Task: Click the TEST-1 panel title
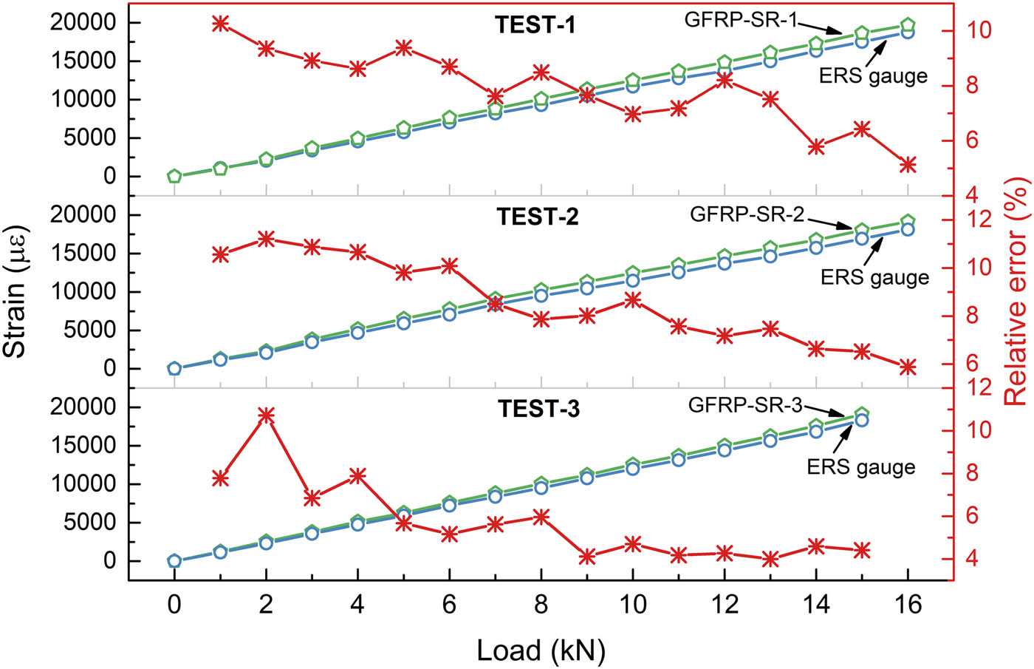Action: tap(535, 25)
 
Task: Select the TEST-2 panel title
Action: tap(537, 217)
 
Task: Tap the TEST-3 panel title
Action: tap(538, 409)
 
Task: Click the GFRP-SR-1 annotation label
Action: tap(741, 19)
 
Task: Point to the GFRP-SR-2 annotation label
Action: tap(747, 214)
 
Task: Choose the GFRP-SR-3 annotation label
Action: tap(744, 405)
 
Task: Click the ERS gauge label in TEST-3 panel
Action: tap(860, 467)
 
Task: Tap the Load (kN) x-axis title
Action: tap(541, 651)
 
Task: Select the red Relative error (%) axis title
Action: tap(1016, 291)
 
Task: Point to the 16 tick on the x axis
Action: tap(908, 605)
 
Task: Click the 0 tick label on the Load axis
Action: tap(174, 605)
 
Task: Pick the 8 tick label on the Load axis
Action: tap(541, 605)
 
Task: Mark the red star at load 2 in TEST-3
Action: tap(266, 415)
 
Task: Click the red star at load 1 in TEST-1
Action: tap(220, 24)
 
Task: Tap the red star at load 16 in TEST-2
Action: tap(908, 367)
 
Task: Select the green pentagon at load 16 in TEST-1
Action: tap(908, 25)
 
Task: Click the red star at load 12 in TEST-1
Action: tap(725, 81)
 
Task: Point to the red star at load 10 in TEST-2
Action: tap(633, 299)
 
